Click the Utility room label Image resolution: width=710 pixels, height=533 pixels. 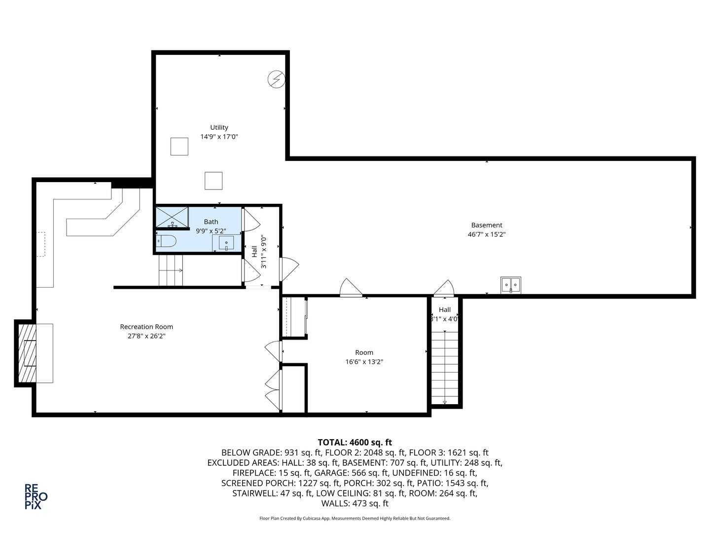pos(219,127)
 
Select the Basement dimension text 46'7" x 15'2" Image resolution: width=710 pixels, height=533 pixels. pos(486,234)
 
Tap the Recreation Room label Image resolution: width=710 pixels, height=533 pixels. pos(146,327)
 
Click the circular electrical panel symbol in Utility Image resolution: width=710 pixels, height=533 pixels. pos(277,79)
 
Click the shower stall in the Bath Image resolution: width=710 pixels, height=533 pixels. pos(172,217)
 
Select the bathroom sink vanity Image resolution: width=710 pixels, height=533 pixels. pos(227,243)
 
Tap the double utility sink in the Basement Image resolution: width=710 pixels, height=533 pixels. pos(511,285)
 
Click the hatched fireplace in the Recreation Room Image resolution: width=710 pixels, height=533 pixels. pos(27,352)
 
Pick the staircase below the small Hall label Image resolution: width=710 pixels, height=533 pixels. pos(445,367)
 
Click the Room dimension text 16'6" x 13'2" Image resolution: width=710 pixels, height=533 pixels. pos(364,362)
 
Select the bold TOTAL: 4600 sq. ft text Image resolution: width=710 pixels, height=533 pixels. pos(355,442)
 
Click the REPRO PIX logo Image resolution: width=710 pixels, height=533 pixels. pos(36,496)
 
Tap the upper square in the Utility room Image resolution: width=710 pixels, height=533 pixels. pos(179,147)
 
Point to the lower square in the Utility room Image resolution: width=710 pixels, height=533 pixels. pos(213,181)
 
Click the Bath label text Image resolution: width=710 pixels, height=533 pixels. pos(211,222)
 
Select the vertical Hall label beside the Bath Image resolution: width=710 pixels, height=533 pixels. pos(254,251)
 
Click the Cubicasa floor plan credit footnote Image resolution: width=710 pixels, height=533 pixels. pos(355,519)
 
